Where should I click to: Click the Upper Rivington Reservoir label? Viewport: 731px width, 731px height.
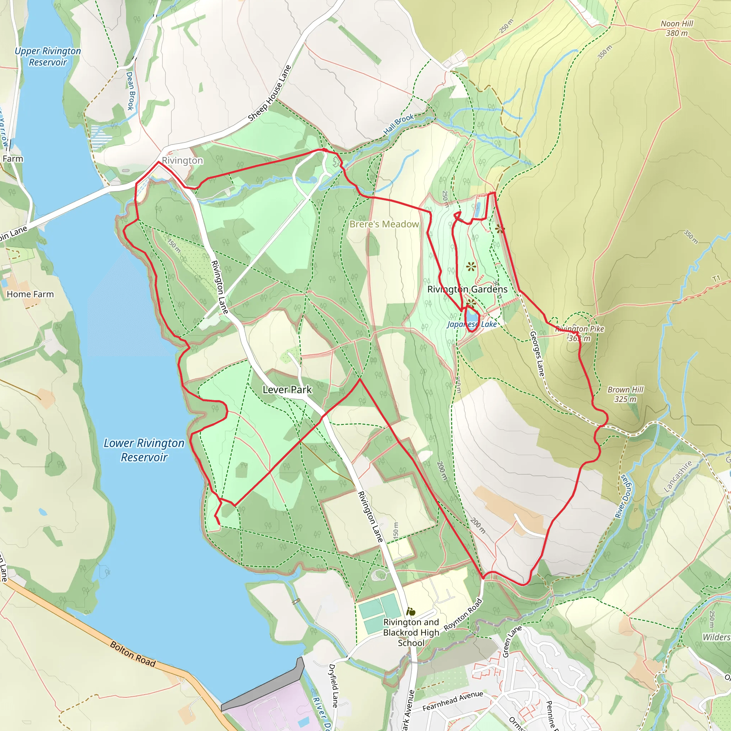pyautogui.click(x=48, y=56)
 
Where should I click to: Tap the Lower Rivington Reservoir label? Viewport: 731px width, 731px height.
pyautogui.click(x=144, y=450)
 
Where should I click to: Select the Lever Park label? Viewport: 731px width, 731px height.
pyautogui.click(x=287, y=389)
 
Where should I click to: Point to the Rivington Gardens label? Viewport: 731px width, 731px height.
pyautogui.click(x=467, y=289)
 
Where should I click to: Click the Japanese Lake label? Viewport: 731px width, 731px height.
pyautogui.click(x=472, y=324)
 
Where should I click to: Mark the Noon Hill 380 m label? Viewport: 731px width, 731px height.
pyautogui.click(x=677, y=29)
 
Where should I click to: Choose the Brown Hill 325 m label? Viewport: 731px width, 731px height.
pyautogui.click(x=625, y=394)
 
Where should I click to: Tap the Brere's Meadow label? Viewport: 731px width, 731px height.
pyautogui.click(x=384, y=225)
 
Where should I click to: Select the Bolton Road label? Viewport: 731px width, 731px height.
pyautogui.click(x=133, y=654)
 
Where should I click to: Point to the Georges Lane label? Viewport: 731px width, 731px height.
pyautogui.click(x=537, y=354)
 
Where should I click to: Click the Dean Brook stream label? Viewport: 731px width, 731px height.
pyautogui.click(x=130, y=91)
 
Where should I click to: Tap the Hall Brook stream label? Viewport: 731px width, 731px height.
pyautogui.click(x=399, y=124)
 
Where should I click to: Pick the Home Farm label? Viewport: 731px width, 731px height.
pyautogui.click(x=30, y=294)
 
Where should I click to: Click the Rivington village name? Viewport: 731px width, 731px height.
pyautogui.click(x=182, y=161)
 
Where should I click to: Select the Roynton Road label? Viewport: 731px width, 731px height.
pyautogui.click(x=463, y=615)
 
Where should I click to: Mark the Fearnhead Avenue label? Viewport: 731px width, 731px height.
pyautogui.click(x=453, y=701)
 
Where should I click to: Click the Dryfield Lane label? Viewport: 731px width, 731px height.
pyautogui.click(x=333, y=686)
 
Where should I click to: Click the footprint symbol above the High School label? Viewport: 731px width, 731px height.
pyautogui.click(x=410, y=612)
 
